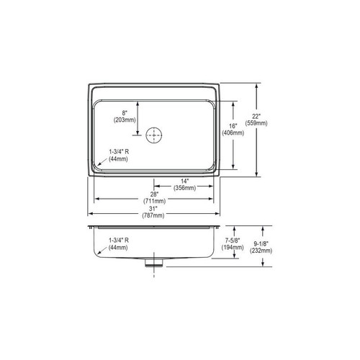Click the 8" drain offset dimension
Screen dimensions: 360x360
125,112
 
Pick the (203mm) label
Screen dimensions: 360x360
125,120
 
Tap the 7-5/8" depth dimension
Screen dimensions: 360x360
235,239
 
